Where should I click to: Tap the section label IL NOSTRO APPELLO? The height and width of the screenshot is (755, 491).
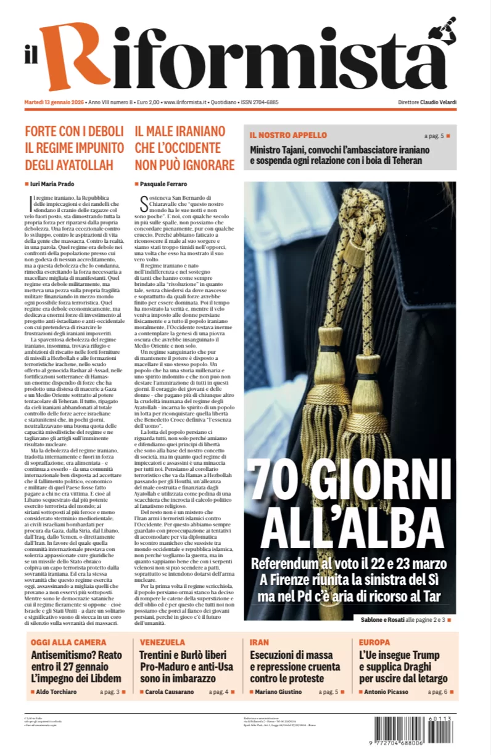click(288, 135)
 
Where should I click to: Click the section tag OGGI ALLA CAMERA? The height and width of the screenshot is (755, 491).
click(68, 642)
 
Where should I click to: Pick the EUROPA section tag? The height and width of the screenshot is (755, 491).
click(374, 642)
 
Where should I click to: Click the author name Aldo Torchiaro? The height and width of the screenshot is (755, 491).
click(60, 692)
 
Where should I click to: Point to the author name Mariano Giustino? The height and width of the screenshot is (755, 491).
click(279, 692)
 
